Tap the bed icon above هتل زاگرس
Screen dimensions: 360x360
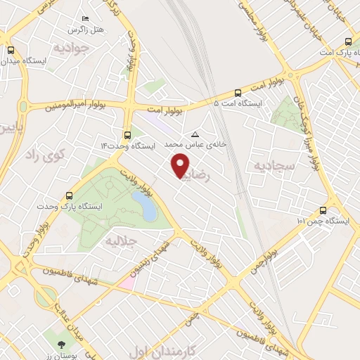[85, 19]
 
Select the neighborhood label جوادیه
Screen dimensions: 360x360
[71, 48]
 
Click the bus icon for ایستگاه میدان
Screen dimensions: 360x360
[11, 50]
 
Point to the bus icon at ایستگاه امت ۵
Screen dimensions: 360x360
[238, 92]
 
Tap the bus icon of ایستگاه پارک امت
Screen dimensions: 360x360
[347, 40]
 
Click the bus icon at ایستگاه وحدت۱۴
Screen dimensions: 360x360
[127, 135]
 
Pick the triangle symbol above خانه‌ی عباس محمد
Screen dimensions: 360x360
[195, 134]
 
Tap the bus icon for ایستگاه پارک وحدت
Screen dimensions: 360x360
[69, 196]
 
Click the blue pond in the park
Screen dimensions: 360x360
[145, 206]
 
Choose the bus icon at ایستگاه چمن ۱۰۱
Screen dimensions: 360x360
[323, 210]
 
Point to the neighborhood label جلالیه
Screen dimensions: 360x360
[120, 241]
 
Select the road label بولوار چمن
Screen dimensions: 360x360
[262, 258]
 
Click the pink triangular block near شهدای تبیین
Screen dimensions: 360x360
[128, 281]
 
